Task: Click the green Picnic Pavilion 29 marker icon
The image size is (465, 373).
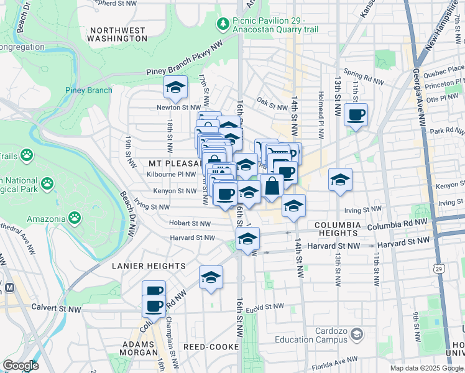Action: click(x=222, y=24)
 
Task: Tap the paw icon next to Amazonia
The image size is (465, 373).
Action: click(x=75, y=218)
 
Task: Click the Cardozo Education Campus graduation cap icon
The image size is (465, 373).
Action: click(x=356, y=335)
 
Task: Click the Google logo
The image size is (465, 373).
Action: click(x=21, y=366)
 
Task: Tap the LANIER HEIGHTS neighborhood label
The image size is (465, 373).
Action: click(x=149, y=265)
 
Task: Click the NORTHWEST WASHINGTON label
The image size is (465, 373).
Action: click(x=117, y=34)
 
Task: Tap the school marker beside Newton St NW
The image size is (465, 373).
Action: click(x=176, y=88)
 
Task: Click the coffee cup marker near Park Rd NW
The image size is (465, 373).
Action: click(x=356, y=115)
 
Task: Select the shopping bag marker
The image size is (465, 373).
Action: click(x=272, y=186)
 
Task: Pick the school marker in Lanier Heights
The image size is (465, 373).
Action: click(x=211, y=277)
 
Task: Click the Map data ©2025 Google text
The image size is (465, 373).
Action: click(x=426, y=368)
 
